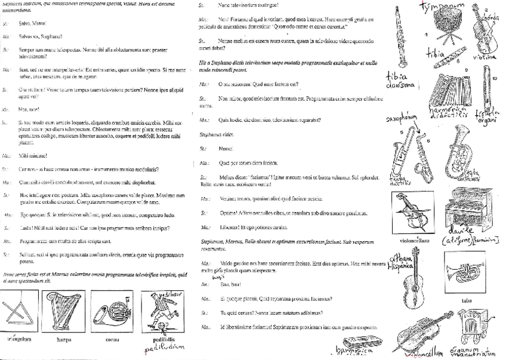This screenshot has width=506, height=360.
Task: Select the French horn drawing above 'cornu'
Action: tap(111, 312)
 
